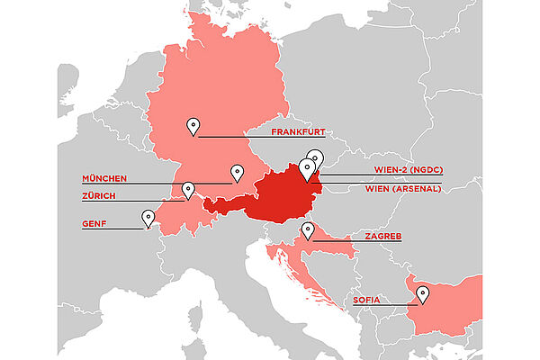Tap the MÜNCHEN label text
104,178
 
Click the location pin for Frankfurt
192,125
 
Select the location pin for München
237,172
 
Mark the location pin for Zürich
188,189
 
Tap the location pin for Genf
148,217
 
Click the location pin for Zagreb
308,230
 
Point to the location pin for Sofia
423,293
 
